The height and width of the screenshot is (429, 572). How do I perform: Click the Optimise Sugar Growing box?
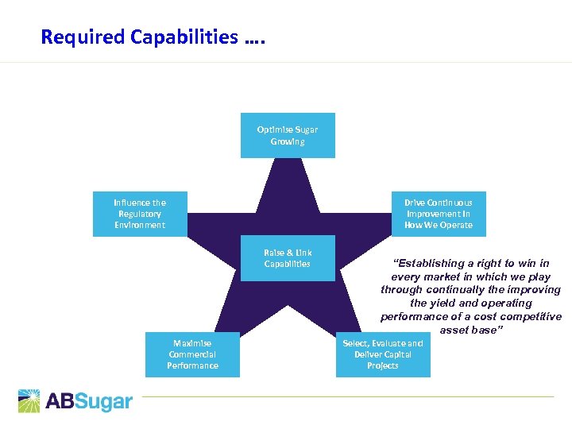[x=288, y=136]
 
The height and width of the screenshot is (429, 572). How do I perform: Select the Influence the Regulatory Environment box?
[x=140, y=214]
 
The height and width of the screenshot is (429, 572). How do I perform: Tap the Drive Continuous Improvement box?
[x=438, y=214]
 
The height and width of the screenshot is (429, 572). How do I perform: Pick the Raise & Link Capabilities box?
[x=288, y=258]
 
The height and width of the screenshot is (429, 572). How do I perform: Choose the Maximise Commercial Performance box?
[x=192, y=354]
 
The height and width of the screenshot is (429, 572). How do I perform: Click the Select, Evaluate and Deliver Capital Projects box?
[x=383, y=354]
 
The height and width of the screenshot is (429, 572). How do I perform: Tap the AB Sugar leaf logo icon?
[x=29, y=400]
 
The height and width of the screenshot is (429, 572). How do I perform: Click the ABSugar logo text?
[x=88, y=401]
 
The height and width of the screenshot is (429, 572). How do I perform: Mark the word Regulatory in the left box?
[x=140, y=214]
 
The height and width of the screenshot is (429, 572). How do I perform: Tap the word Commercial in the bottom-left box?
[x=192, y=354]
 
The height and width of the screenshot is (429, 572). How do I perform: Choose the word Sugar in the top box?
[x=305, y=129]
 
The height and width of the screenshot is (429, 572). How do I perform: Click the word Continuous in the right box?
[x=449, y=203]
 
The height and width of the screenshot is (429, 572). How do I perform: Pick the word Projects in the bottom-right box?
[x=383, y=365]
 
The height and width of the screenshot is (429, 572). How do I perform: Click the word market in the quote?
[x=440, y=276]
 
